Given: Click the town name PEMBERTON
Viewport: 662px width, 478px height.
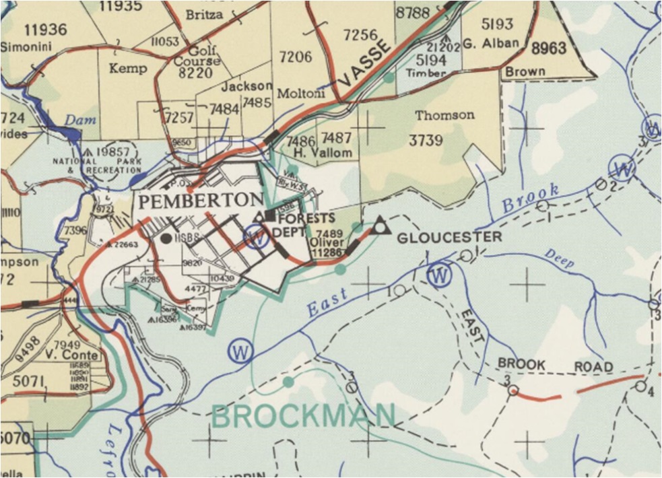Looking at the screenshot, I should (201, 200).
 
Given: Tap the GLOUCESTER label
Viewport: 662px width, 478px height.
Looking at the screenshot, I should (449, 237).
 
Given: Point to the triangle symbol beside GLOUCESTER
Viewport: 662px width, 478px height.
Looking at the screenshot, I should (381, 226).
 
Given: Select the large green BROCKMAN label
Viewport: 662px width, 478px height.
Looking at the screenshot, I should (303, 416).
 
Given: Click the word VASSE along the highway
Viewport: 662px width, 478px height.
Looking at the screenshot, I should (364, 63).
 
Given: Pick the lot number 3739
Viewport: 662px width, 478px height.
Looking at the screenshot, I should (426, 140).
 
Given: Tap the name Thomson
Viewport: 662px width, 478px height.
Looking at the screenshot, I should (444, 115).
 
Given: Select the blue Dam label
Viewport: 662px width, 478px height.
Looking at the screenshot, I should (81, 121).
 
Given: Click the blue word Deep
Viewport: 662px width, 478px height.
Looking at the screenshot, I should (559, 259).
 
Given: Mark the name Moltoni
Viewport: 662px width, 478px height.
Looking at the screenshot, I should (301, 93).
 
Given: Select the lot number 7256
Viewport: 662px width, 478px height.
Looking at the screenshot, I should (361, 34).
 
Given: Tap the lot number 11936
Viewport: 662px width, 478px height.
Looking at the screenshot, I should (45, 29).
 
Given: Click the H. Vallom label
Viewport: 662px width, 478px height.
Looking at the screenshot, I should (328, 153).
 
